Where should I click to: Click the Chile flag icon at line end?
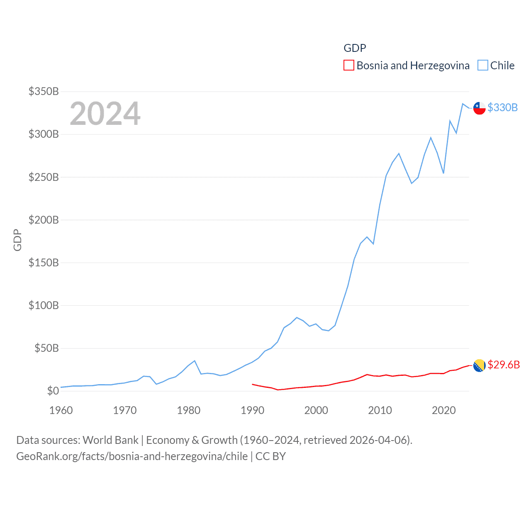[x=479, y=108]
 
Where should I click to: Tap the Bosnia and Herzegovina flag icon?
[x=479, y=365]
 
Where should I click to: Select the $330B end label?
[x=502, y=107]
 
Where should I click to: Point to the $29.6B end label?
[x=503, y=365]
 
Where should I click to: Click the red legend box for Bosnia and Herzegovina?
[x=349, y=66]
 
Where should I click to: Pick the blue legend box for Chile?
[x=482, y=66]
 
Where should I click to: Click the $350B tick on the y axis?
[x=44, y=91]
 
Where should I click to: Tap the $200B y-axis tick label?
[x=44, y=220]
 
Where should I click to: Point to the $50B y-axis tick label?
[x=46, y=348]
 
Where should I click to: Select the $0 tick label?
[x=53, y=391]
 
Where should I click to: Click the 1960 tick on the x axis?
[x=61, y=410]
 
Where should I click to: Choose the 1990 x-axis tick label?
[x=252, y=410]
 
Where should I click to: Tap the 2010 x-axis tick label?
[x=380, y=410]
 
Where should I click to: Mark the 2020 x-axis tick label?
[x=444, y=410]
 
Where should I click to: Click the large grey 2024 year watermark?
[x=105, y=113]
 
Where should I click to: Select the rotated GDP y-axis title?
[x=17, y=240]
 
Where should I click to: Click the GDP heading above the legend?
[x=355, y=48]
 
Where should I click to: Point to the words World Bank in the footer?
[x=111, y=440]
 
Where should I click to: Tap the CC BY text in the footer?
[x=270, y=456]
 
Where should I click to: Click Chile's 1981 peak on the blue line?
[x=195, y=360]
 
